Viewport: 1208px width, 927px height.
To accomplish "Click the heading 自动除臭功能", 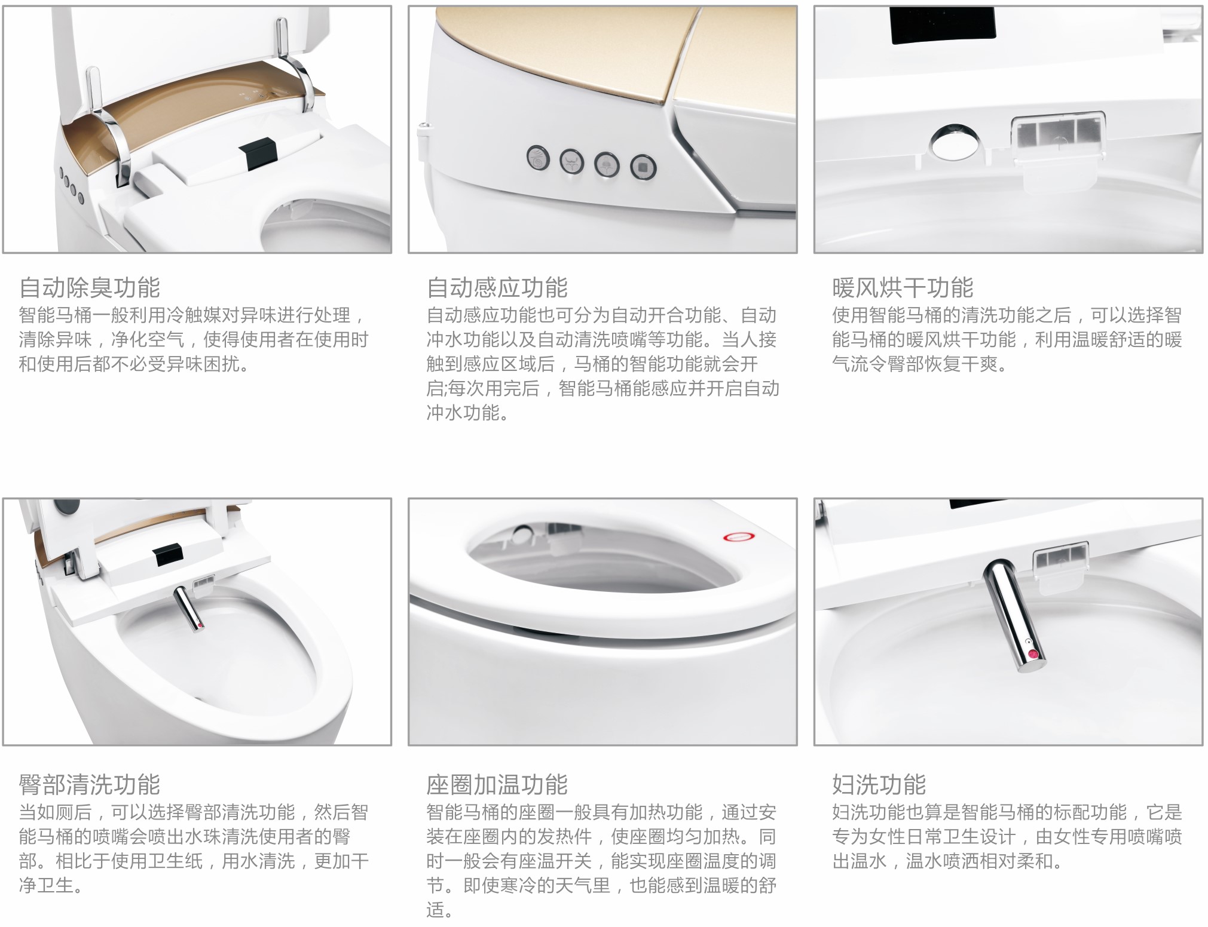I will (90, 288).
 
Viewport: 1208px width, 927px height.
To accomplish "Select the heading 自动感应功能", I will (497, 288).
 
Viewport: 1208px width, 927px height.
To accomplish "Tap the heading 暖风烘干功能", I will (903, 288).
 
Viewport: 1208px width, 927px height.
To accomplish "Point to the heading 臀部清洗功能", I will (90, 784).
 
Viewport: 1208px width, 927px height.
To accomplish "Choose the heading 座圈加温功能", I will (497, 784).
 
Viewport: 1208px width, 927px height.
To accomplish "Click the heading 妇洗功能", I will (879, 784).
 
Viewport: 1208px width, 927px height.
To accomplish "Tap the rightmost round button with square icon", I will (643, 168).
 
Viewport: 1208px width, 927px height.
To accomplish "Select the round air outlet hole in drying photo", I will (955, 143).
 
